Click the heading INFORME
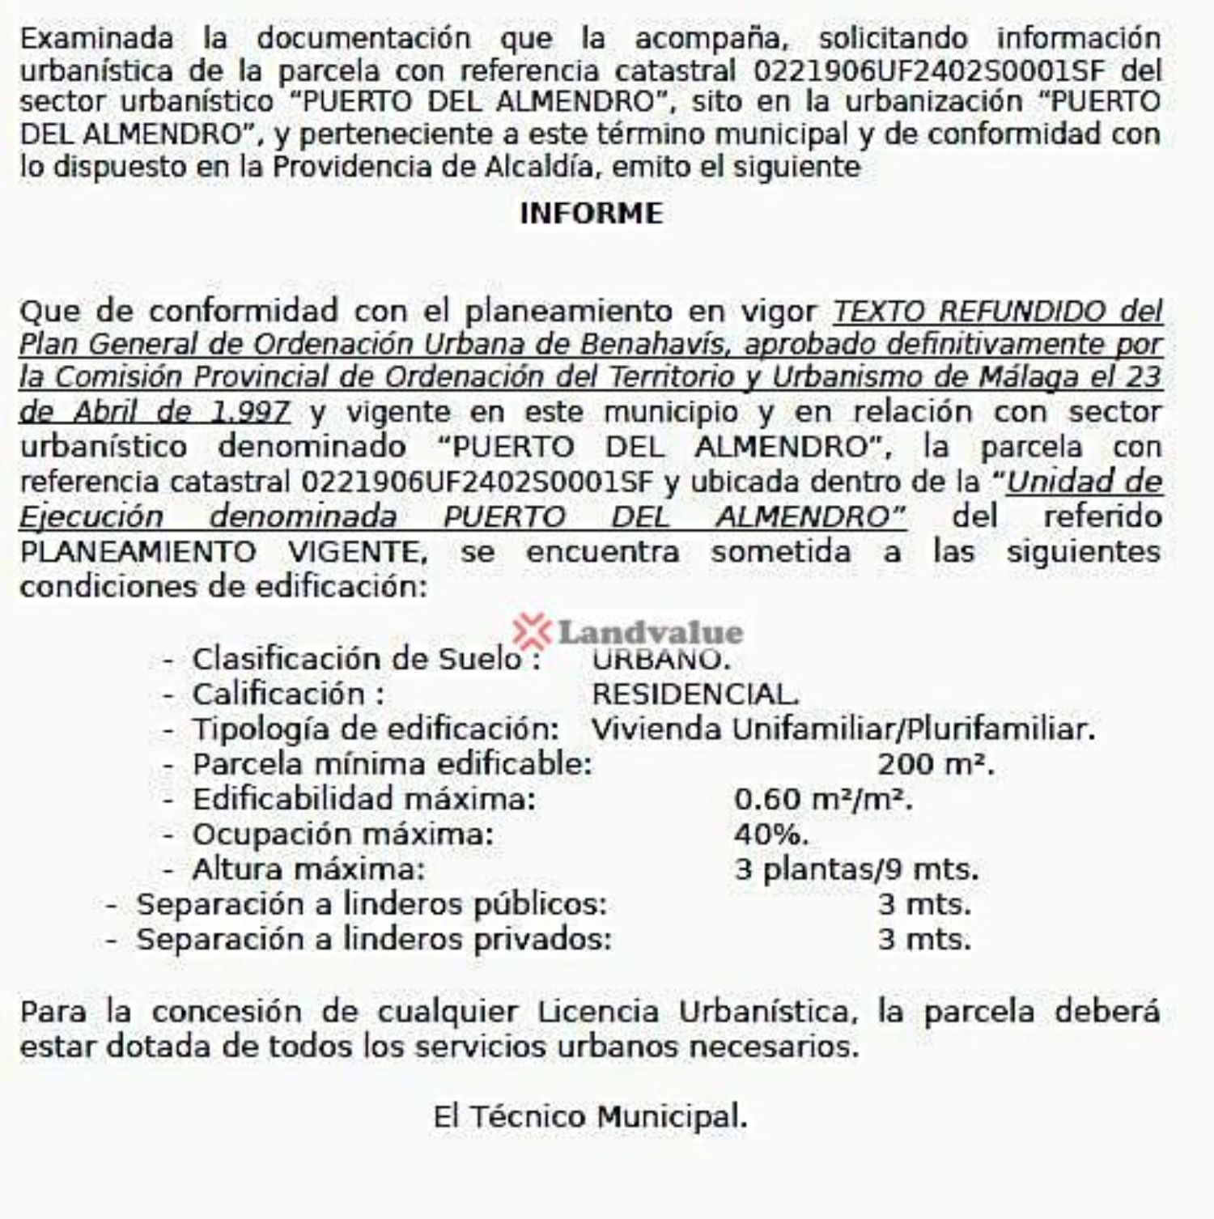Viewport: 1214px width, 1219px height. click(x=591, y=214)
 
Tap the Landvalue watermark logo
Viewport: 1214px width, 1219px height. click(x=628, y=631)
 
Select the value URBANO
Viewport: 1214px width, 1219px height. click(x=660, y=660)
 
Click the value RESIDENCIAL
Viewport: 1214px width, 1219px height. click(x=695, y=694)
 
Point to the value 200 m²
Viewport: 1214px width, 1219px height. click(x=936, y=764)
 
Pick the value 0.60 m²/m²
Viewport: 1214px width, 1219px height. click(x=823, y=800)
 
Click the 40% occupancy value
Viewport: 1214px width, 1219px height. click(x=770, y=835)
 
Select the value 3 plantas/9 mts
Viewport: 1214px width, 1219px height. click(x=856, y=870)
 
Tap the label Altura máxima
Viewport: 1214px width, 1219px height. click(x=308, y=870)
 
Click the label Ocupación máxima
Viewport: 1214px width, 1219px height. click(x=342, y=835)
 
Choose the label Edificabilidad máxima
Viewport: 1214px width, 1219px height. click(x=363, y=800)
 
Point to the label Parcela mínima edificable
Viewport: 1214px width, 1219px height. click(x=392, y=764)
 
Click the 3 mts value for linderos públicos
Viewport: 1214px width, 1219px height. click(x=924, y=905)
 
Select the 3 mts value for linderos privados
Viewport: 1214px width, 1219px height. click(x=924, y=940)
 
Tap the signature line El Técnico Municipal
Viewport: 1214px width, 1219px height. click(x=590, y=1117)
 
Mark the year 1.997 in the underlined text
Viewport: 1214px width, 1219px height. click(x=248, y=413)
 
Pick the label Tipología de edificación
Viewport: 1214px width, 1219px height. click(x=376, y=729)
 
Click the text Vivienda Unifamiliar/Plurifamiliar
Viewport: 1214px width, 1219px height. click(x=843, y=729)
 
